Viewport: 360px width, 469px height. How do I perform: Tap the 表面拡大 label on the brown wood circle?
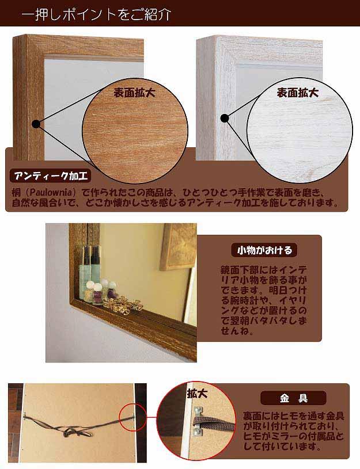tap(134, 93)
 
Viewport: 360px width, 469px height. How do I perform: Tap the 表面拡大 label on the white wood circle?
tap(297, 93)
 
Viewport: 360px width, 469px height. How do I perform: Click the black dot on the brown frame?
tap(36, 124)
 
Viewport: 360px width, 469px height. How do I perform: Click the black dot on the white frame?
tap(225, 119)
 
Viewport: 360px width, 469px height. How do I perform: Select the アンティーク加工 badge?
tap(50, 176)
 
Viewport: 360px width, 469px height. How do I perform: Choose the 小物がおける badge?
tap(264, 250)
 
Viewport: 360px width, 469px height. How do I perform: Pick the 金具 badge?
tap(294, 398)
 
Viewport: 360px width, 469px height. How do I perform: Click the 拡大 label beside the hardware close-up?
tap(197, 394)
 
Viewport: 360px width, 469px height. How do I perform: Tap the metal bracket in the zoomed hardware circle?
tap(198, 421)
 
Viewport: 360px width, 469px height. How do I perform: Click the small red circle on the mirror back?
tap(132, 417)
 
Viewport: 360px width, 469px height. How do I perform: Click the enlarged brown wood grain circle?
tap(135, 131)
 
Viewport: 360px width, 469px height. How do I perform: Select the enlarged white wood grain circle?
tap(300, 131)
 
